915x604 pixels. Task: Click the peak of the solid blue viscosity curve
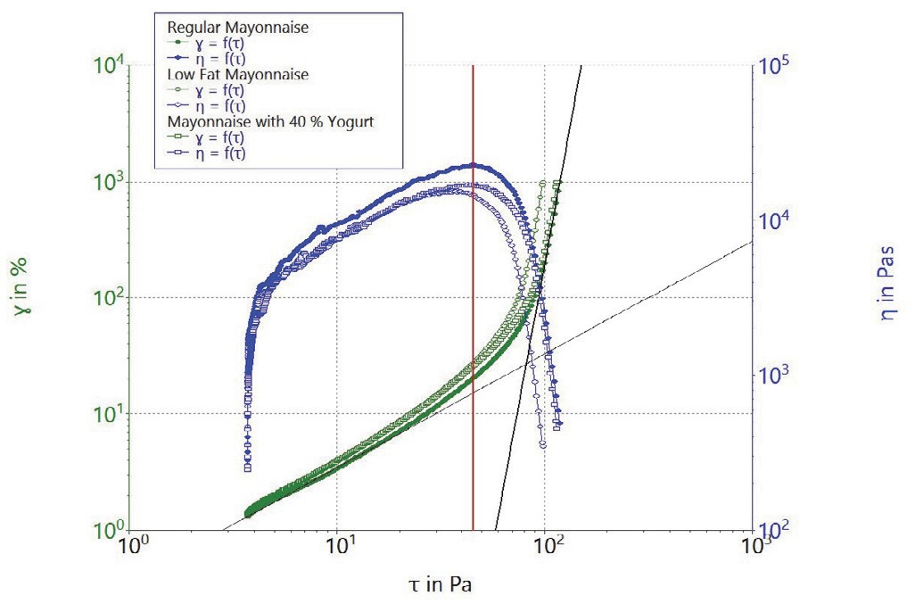click(x=474, y=164)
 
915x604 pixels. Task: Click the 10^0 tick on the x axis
click(x=132, y=544)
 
